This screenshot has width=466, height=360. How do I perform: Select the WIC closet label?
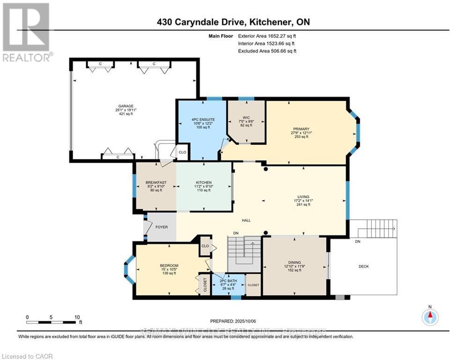tap(245, 117)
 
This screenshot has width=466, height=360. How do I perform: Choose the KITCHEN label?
tap(204, 182)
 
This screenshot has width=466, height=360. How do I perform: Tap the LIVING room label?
tap(301, 197)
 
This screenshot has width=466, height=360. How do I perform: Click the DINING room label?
tap(295, 262)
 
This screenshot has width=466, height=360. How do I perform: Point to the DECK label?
tap(363, 266)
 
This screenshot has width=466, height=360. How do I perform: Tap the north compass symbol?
tap(429, 317)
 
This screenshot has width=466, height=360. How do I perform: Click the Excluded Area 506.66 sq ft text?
tap(267, 51)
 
